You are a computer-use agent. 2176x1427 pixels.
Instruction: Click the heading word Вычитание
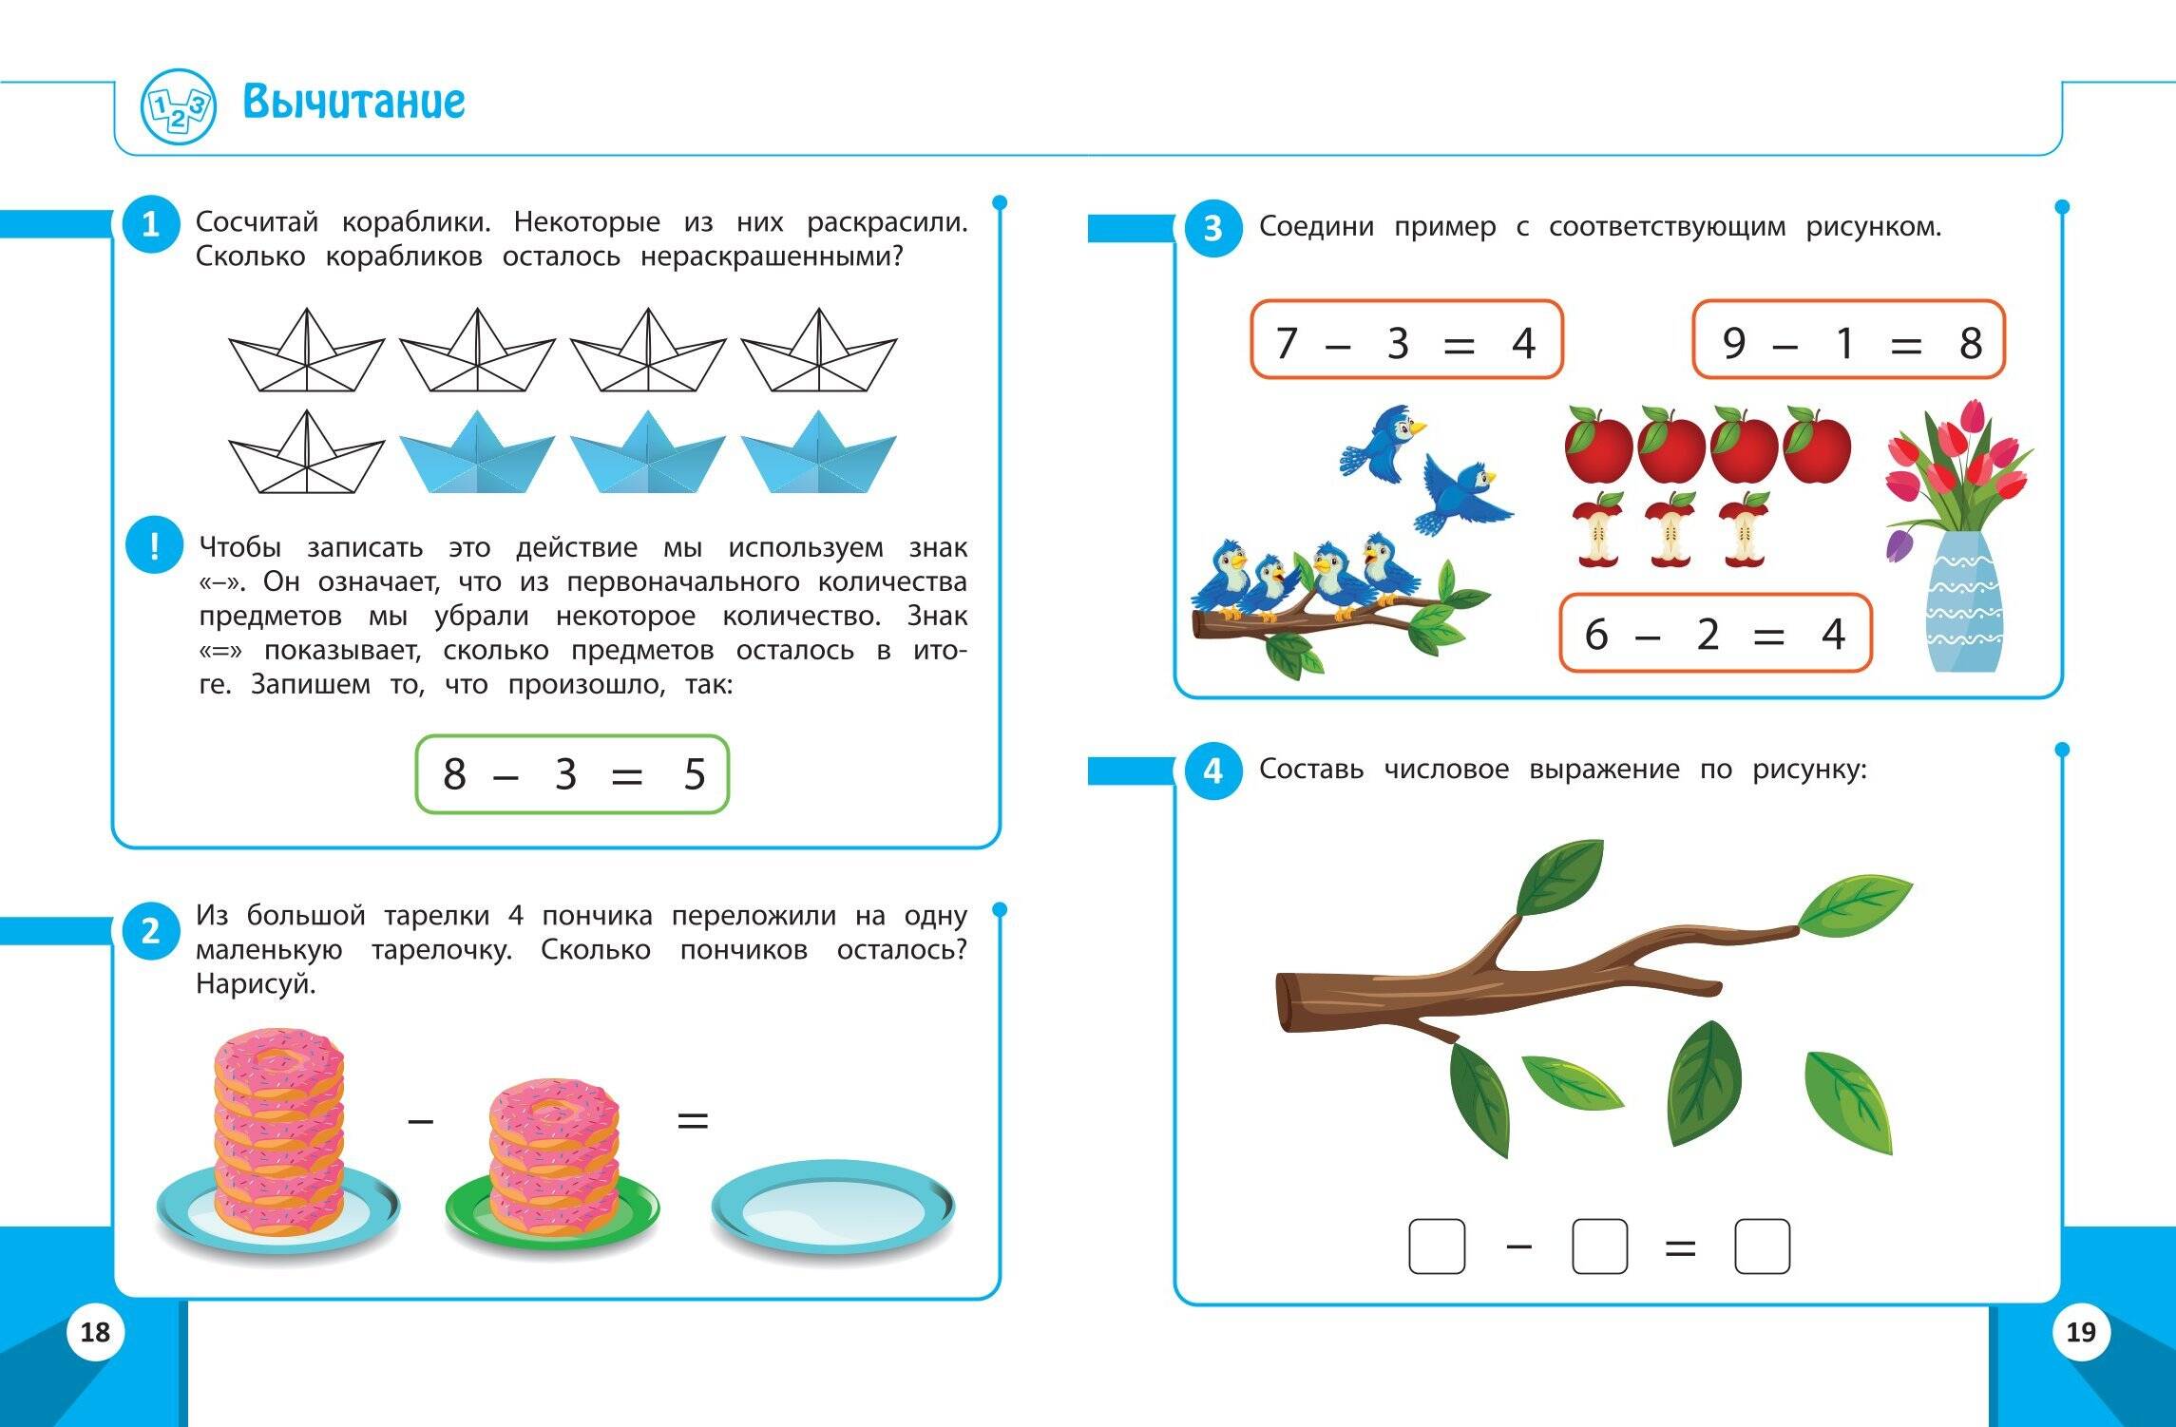[x=353, y=102]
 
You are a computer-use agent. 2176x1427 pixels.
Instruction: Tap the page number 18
[x=95, y=1332]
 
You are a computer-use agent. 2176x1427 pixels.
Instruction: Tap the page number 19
[x=2081, y=1332]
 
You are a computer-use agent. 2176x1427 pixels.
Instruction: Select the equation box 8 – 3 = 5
[x=572, y=774]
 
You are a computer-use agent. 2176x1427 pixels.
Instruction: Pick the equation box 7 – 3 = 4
[x=1406, y=340]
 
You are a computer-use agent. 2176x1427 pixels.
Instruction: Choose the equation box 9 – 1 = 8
[x=1849, y=340]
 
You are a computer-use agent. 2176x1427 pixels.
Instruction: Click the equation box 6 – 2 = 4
[x=1715, y=633]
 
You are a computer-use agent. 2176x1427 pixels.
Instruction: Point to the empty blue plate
[x=833, y=1208]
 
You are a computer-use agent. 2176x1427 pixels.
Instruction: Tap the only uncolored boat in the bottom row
[x=306, y=453]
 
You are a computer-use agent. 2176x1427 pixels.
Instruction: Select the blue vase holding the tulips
[x=1964, y=600]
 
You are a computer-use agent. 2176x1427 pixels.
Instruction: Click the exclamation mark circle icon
[x=154, y=545]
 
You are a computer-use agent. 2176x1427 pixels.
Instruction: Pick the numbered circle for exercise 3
[x=1213, y=228]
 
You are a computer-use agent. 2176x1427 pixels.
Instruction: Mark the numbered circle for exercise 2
[x=151, y=931]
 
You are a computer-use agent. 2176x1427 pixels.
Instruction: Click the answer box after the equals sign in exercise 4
[x=1763, y=1246]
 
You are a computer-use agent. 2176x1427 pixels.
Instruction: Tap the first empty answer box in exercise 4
[x=1437, y=1246]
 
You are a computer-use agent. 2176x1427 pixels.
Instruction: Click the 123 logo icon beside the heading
[x=179, y=106]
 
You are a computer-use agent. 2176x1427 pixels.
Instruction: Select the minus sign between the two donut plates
[x=420, y=1121]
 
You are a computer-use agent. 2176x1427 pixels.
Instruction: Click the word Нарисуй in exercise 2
[x=256, y=984]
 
